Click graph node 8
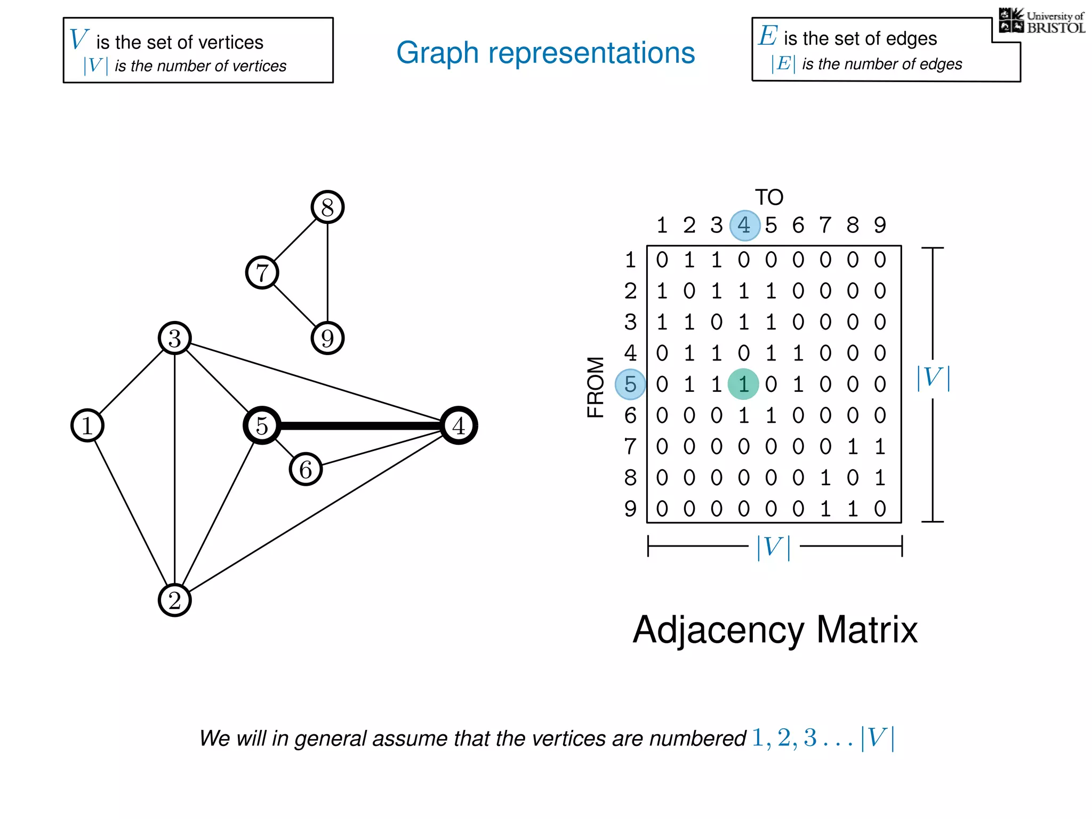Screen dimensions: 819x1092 click(x=327, y=207)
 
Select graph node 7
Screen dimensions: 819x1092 click(x=262, y=272)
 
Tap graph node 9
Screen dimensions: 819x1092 click(x=327, y=338)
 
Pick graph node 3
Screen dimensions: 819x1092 click(x=175, y=338)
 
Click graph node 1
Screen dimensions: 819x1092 click(x=87, y=425)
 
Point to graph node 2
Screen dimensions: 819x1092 click(x=175, y=600)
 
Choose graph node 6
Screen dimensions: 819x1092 click(x=306, y=469)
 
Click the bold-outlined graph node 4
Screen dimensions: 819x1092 click(x=459, y=425)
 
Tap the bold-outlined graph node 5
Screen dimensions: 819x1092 click(x=262, y=425)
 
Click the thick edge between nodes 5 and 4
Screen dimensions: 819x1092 click(x=360, y=425)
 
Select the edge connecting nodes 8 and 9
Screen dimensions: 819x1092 click(x=327, y=272)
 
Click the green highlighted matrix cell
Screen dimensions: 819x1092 click(x=743, y=384)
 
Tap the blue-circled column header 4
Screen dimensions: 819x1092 click(x=744, y=226)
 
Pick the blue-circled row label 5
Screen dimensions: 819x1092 click(x=630, y=384)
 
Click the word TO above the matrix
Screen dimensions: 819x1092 click(x=769, y=198)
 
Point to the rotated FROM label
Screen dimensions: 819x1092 click(x=596, y=387)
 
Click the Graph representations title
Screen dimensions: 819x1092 click(x=545, y=53)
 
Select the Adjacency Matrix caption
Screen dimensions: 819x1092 click(x=775, y=630)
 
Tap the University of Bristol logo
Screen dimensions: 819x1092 click(x=1041, y=21)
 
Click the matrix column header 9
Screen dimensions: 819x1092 click(x=880, y=226)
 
